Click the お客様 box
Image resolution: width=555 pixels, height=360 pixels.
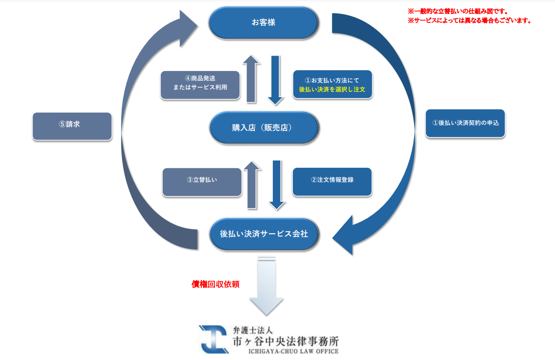(x=263, y=23)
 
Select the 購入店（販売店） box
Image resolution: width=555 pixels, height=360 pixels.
(x=264, y=128)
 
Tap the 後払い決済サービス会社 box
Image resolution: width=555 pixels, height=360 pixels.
(x=264, y=234)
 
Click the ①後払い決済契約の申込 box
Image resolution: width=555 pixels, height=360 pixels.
(x=465, y=123)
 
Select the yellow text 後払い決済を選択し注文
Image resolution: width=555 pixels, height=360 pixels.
(x=332, y=89)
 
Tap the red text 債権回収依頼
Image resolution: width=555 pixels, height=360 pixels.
(x=215, y=284)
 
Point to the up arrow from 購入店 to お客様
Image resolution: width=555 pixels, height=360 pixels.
(x=251, y=80)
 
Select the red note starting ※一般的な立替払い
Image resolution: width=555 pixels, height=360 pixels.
(x=458, y=12)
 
